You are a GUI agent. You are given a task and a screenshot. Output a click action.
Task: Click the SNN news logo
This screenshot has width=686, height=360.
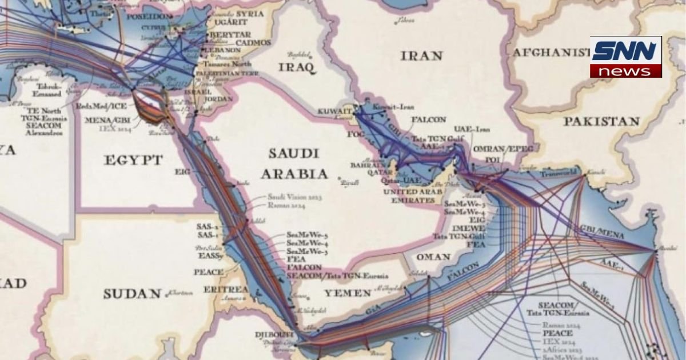click(625, 57)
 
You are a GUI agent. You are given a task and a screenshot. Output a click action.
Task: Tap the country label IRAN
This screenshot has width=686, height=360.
click(421, 55)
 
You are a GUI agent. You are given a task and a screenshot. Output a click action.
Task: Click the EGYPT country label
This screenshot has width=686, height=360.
click(133, 160)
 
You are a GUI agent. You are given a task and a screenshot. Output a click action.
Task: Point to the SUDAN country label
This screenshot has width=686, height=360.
click(132, 294)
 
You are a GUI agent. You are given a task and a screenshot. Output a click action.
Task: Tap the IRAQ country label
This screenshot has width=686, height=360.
click(297, 67)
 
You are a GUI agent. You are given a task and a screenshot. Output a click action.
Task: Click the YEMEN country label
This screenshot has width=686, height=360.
click(348, 293)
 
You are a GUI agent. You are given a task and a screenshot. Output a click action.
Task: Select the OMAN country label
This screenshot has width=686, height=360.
click(433, 257)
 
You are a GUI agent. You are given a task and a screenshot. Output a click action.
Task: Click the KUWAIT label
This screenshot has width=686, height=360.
click(332, 110)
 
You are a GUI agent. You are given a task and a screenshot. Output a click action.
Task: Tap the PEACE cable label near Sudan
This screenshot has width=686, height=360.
click(208, 272)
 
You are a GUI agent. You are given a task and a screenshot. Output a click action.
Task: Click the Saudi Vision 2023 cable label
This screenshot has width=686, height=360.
click(295, 197)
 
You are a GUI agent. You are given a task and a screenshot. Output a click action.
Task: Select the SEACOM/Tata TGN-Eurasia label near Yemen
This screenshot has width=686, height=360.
click(329, 275)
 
